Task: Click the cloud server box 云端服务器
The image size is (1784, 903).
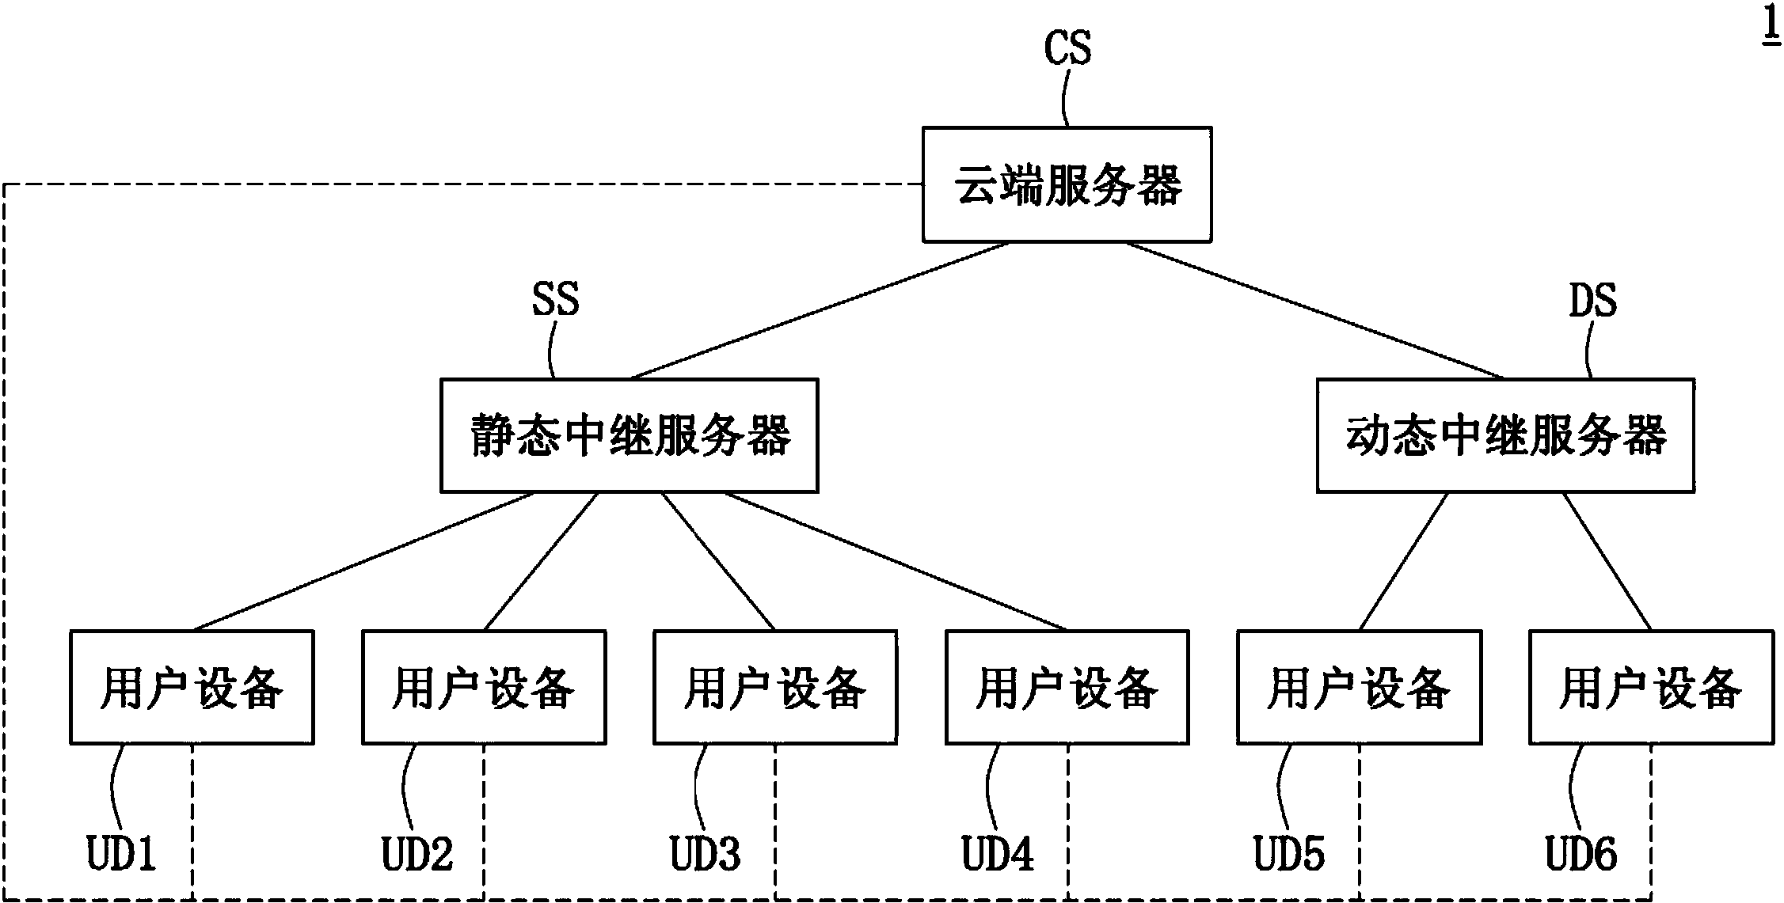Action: [x=1067, y=184]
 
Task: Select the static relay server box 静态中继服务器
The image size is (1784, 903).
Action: [x=629, y=435]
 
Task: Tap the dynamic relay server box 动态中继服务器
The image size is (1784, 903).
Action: [x=1505, y=435]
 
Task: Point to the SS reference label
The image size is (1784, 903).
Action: [x=555, y=300]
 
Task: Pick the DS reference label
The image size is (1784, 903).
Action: [x=1592, y=301]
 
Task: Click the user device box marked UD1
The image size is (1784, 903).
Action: [x=192, y=687]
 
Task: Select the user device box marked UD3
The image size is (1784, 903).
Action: [x=775, y=687]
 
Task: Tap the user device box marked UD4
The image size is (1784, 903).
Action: [x=1067, y=687]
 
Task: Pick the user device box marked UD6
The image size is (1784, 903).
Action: [x=1651, y=687]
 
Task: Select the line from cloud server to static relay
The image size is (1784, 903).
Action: [x=820, y=310]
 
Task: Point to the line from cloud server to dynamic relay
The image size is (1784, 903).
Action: [x=1314, y=310]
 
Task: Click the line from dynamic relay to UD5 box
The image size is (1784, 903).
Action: [x=1404, y=561]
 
